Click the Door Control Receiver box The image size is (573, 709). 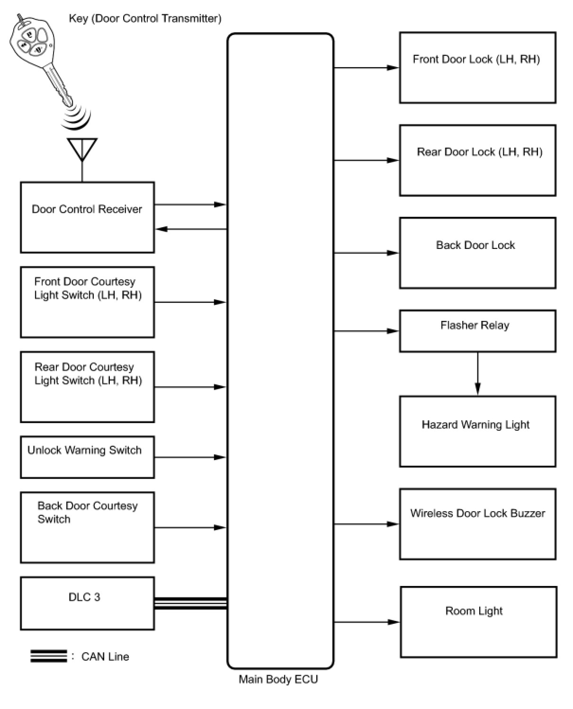point(87,217)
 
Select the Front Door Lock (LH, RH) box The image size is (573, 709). point(477,68)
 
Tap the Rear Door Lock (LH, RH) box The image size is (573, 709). point(477,160)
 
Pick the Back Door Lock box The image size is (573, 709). point(477,253)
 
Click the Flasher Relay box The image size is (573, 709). point(477,331)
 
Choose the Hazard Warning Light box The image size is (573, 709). point(477,431)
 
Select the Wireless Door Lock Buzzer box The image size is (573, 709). point(477,524)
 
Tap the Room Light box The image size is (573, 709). point(478,622)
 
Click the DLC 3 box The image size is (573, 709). point(87,603)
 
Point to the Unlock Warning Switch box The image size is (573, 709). point(87,457)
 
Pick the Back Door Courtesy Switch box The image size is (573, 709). point(87,527)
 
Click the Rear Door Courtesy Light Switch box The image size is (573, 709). point(87,387)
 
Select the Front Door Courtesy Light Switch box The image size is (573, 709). point(87,302)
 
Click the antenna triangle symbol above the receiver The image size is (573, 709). point(82,148)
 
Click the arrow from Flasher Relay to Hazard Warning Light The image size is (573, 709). point(477,373)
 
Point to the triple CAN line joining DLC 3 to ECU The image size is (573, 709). point(191,603)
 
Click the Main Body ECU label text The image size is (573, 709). point(278,680)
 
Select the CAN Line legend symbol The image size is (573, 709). point(49,656)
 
